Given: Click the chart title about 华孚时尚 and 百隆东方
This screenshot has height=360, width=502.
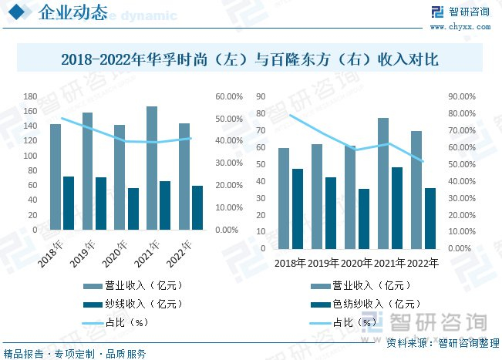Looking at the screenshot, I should (x=250, y=59).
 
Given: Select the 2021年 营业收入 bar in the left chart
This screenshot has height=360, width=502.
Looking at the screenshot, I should (x=152, y=168).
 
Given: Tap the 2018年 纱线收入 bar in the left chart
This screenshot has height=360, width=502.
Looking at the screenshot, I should (x=69, y=203).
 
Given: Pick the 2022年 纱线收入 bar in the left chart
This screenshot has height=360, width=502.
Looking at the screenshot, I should (x=197, y=207).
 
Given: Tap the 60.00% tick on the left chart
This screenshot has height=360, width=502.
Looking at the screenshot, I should (x=231, y=96).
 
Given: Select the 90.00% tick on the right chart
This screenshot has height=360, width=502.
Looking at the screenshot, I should (x=462, y=96).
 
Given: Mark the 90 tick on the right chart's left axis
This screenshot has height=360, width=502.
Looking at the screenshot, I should (x=262, y=96).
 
